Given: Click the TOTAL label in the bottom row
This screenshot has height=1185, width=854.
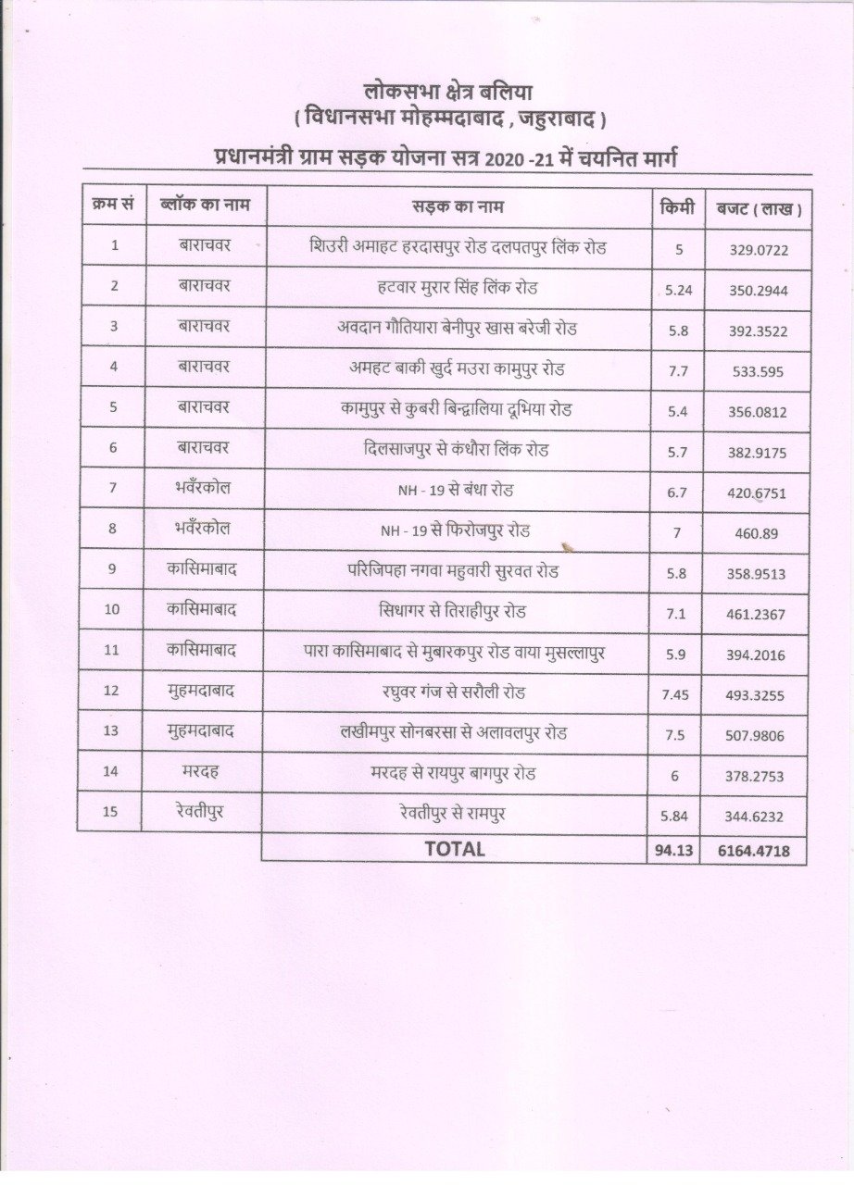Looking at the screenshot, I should point(454,849).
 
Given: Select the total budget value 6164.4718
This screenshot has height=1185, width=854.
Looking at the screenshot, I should point(753,850).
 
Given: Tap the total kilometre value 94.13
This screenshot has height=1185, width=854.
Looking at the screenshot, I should point(673,850).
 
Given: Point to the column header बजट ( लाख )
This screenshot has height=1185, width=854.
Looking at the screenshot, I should point(753,208).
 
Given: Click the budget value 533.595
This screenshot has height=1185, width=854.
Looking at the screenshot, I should point(756,370).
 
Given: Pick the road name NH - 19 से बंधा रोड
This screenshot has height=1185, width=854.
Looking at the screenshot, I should point(455,491).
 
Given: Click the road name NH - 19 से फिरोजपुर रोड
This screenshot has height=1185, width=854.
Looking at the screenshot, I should point(455,531).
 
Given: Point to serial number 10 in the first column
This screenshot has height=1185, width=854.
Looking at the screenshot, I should point(112,610).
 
